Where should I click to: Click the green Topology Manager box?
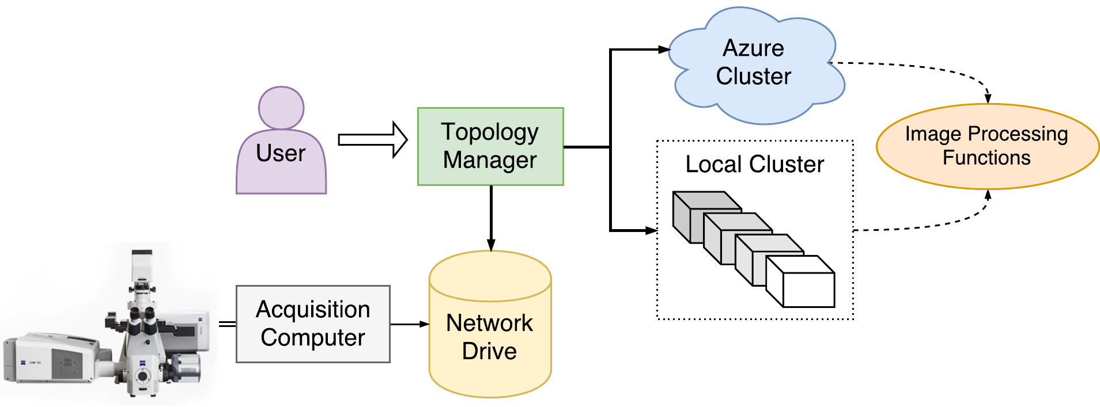pyautogui.click(x=490, y=146)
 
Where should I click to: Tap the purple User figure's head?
pyautogui.click(x=281, y=108)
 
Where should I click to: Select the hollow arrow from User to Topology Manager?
pyautogui.click(x=372, y=139)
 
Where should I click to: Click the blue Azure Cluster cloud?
pyautogui.click(x=754, y=63)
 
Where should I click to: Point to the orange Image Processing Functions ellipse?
pyautogui.click(x=987, y=146)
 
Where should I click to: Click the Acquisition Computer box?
pyautogui.click(x=313, y=324)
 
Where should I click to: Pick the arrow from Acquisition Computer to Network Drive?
pyautogui.click(x=409, y=324)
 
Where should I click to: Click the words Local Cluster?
pyautogui.click(x=754, y=165)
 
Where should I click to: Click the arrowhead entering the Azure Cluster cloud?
pyautogui.click(x=664, y=50)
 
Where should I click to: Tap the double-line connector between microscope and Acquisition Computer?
pyautogui.click(x=228, y=324)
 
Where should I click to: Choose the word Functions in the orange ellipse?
pyautogui.click(x=986, y=158)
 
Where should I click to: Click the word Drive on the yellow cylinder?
pyautogui.click(x=489, y=351)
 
